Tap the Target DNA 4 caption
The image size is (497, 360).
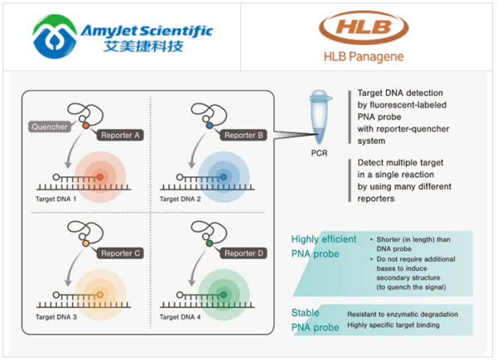184,317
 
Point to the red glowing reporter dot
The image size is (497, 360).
99,177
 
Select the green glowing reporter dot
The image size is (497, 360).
221,291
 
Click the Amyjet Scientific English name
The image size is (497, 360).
147,31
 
